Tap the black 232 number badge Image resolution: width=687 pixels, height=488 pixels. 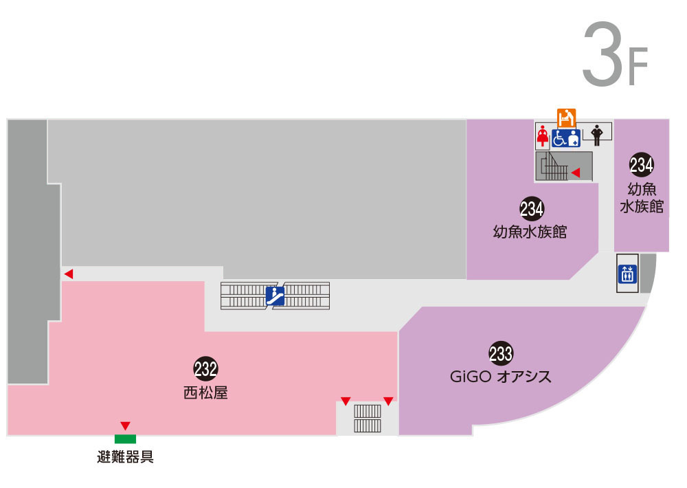click(205, 368)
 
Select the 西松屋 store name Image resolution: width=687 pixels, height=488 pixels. click(205, 393)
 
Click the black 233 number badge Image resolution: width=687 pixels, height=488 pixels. click(501, 353)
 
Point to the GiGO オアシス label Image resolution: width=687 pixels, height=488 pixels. click(501, 377)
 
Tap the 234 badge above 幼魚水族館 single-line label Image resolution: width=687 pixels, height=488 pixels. click(531, 208)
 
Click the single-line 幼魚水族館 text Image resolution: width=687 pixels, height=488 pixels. click(530, 231)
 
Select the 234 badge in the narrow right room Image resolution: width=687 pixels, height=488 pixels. click(641, 164)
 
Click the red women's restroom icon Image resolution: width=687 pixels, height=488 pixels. click(543, 136)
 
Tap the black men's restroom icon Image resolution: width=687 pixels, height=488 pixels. click(596, 135)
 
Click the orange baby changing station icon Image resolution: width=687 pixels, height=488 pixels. click(566, 115)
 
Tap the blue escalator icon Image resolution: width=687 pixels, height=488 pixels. click(275, 296)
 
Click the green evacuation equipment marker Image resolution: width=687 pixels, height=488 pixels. click(125, 439)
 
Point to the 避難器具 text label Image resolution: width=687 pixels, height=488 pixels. click(125, 456)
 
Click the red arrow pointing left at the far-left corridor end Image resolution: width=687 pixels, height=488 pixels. click(68, 274)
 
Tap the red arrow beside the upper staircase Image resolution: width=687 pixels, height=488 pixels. click(576, 172)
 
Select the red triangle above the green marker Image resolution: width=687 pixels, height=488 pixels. click(125, 425)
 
